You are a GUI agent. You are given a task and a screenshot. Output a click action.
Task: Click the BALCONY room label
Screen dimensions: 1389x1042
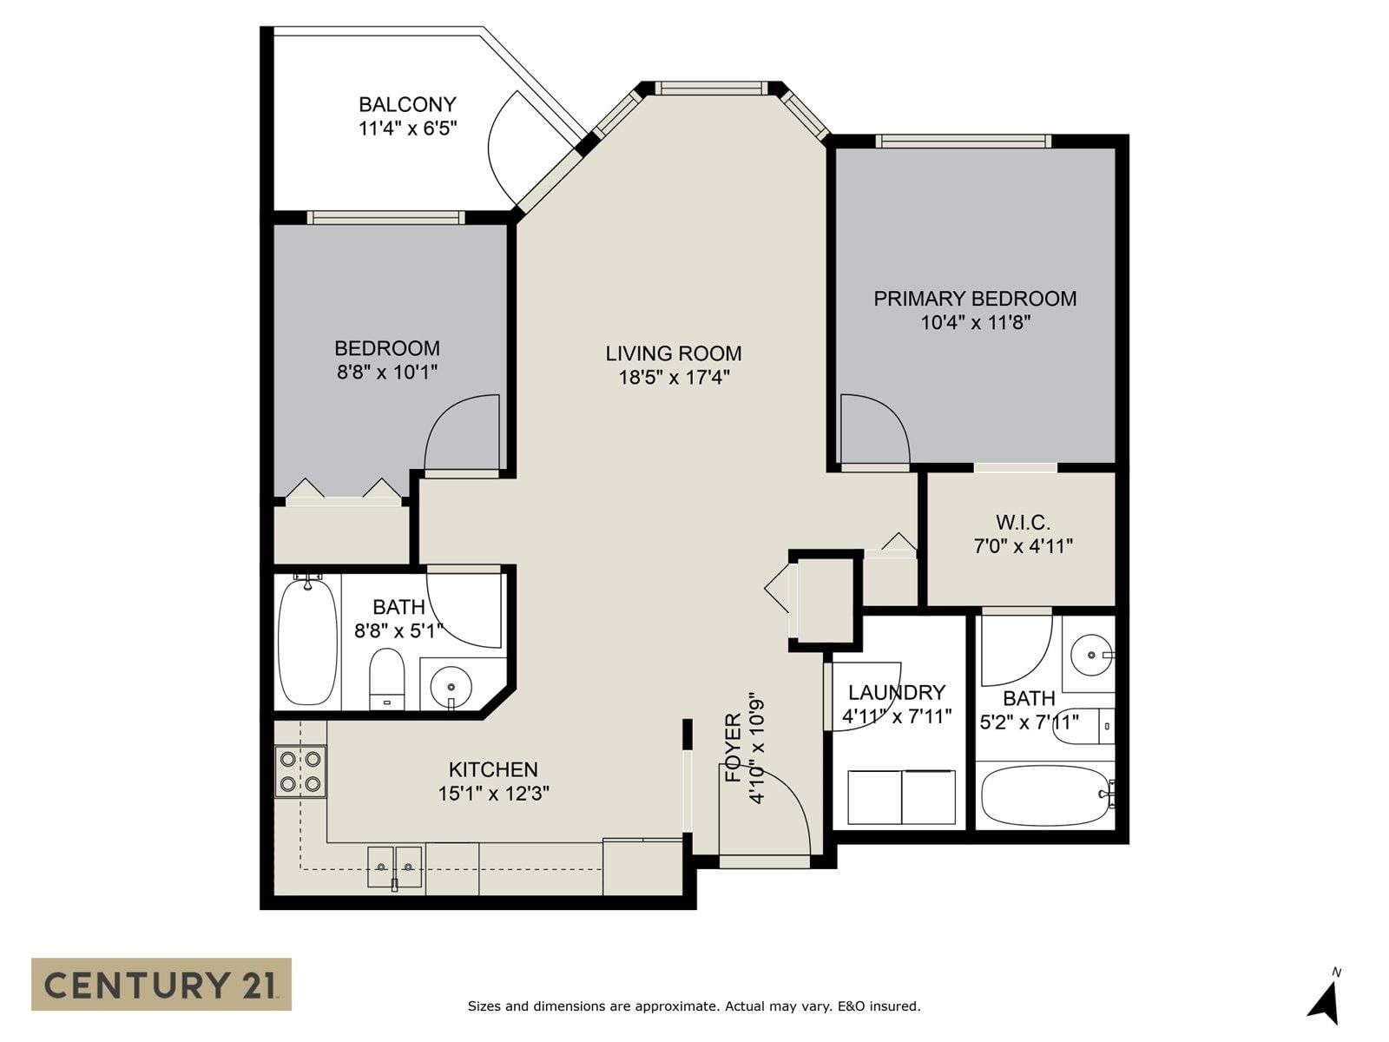pos(407,104)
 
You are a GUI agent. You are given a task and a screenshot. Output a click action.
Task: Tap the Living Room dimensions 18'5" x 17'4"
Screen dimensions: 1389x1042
pos(674,378)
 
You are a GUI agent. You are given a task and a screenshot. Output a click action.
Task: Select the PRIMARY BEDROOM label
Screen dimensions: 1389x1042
pos(975,299)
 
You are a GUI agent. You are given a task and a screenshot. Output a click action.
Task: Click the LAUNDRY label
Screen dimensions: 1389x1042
pos(897,692)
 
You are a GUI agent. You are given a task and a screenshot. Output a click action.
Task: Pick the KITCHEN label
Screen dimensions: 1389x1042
pos(493,769)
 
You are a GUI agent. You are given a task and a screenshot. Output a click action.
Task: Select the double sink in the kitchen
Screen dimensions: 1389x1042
pos(395,867)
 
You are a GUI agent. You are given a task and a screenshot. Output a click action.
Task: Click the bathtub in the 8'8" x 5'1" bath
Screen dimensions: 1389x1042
pos(307,640)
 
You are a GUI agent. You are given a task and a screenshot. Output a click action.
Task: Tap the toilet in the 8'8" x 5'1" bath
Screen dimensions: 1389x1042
pos(386,679)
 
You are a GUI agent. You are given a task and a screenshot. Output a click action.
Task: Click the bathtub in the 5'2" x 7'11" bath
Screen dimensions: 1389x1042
pos(1047,795)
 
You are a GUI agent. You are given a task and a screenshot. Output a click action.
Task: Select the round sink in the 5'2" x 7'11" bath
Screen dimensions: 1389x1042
pos(1092,655)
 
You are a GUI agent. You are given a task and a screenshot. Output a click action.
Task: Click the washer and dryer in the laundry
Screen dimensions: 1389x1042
pos(901,797)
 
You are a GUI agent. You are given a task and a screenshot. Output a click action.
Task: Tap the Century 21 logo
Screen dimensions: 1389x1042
pos(161,985)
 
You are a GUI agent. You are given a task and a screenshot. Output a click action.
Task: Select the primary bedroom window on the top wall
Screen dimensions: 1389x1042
pos(963,141)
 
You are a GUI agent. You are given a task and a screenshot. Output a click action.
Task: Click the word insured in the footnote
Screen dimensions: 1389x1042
pos(895,1006)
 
